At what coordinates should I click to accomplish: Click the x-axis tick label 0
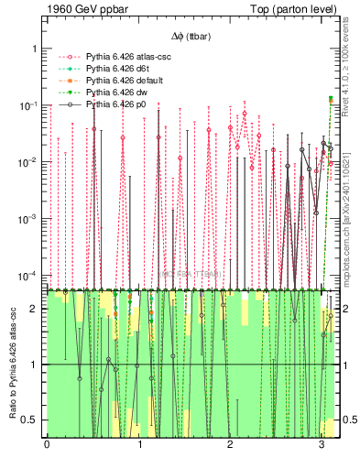[x=47, y=446]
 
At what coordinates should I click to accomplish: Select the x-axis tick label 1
[x=138, y=446]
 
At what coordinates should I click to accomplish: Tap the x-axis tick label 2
[x=230, y=446]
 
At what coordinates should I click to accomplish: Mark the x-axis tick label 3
[x=322, y=446]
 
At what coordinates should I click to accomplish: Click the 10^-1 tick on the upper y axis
[x=29, y=105]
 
